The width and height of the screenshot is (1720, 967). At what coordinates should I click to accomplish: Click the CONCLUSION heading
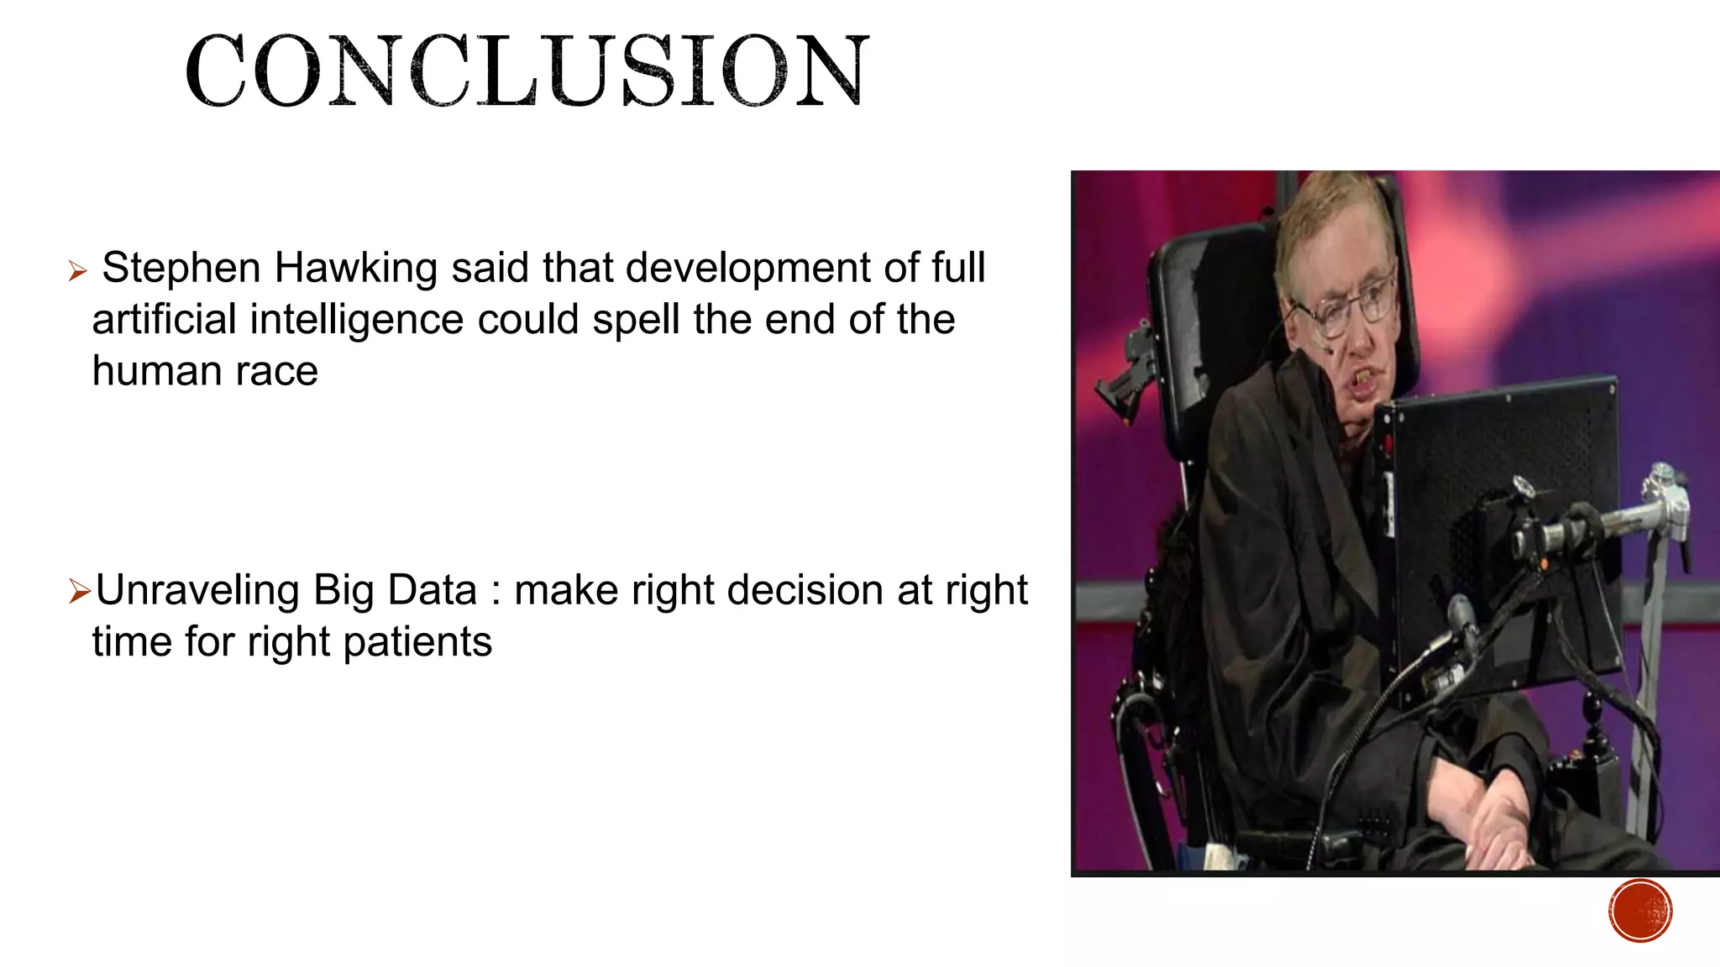(x=527, y=71)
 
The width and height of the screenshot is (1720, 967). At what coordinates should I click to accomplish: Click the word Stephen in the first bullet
(x=181, y=269)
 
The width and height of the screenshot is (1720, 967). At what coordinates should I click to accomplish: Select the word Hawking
(x=356, y=269)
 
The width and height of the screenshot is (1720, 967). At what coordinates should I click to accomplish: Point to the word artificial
(x=164, y=321)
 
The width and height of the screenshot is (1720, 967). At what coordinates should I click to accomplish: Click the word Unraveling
(x=197, y=590)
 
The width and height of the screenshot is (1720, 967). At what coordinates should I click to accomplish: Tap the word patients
(x=417, y=642)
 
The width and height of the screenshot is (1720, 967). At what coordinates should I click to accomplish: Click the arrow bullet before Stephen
(x=77, y=271)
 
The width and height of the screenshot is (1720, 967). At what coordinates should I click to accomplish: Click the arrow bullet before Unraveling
(x=80, y=593)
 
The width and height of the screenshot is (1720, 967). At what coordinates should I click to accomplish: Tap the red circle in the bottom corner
(x=1640, y=911)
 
